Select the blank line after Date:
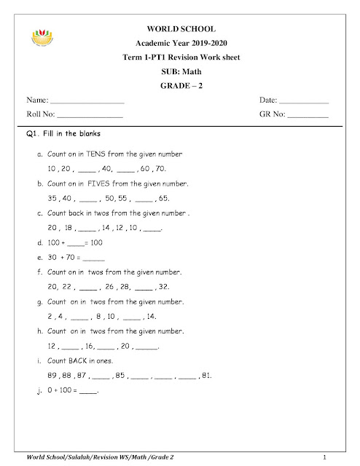point(304,101)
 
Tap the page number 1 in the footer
point(323,456)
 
